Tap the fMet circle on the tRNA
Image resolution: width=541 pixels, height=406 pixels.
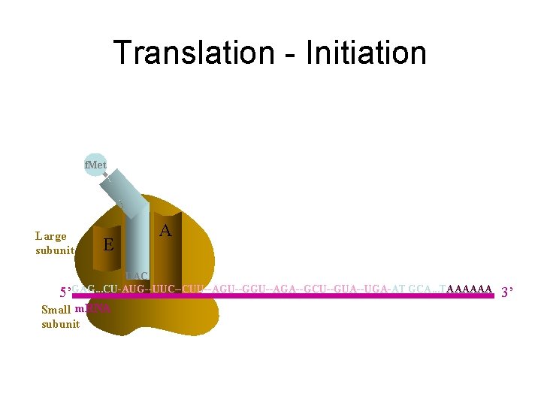[x=95, y=164]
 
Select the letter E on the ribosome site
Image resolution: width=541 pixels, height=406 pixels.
[x=108, y=244]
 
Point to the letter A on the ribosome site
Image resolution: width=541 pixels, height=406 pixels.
[x=165, y=232]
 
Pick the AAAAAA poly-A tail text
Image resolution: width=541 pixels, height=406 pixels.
[x=470, y=288]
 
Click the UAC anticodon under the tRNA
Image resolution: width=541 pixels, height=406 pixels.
[x=138, y=276]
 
